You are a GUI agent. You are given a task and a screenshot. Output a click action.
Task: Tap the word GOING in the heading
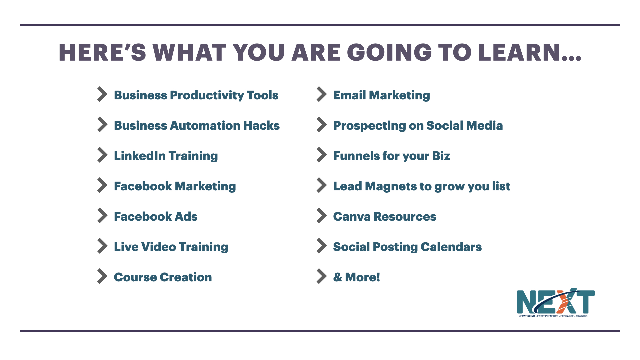[x=389, y=52]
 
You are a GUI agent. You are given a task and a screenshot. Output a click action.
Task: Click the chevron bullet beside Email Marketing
[x=322, y=94]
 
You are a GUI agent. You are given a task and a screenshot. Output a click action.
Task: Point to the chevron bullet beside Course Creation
[x=102, y=276]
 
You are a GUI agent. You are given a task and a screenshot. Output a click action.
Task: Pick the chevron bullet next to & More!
[x=322, y=276]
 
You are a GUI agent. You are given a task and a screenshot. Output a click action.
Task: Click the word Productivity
[x=207, y=96]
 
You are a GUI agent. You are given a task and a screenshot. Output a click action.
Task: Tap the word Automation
[x=205, y=126]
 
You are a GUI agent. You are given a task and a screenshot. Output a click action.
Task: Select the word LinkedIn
[x=140, y=156]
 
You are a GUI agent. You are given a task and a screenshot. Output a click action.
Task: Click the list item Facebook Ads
[x=156, y=216]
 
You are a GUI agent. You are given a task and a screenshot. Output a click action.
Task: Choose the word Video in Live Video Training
[x=159, y=247]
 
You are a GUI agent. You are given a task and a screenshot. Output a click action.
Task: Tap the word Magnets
[x=390, y=186]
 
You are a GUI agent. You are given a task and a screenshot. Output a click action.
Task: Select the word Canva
[x=352, y=217]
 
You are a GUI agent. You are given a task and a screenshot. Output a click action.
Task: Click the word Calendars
[x=451, y=247]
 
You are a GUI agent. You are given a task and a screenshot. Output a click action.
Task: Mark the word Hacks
[x=261, y=126]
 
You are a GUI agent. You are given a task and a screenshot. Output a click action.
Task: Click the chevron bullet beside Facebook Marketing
[x=102, y=185]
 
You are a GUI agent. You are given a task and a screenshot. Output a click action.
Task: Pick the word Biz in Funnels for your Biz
[x=441, y=156]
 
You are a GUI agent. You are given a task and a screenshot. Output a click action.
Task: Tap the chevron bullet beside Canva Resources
[x=322, y=216]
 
